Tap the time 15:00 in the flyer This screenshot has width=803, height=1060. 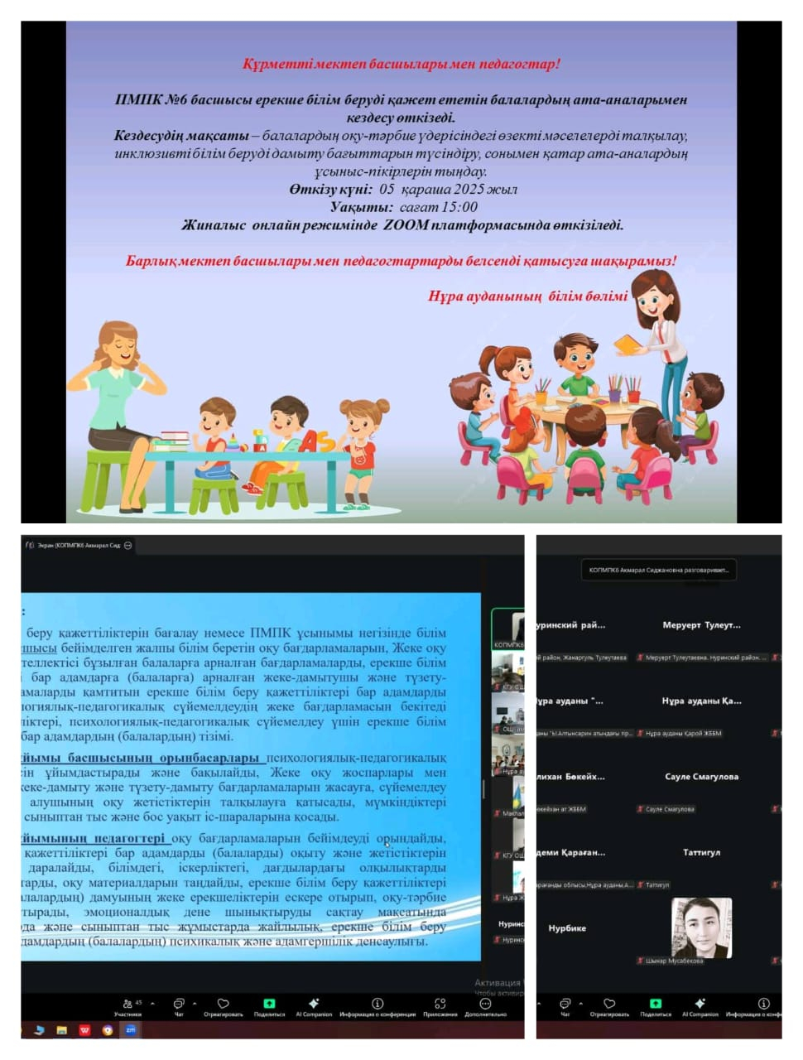(460, 207)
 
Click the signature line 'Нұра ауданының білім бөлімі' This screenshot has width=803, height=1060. (527, 296)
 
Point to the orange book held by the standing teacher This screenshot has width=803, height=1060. (631, 343)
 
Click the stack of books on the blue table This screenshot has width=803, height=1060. (174, 440)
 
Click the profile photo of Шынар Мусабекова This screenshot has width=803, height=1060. (701, 927)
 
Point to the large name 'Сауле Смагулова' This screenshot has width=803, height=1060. (701, 777)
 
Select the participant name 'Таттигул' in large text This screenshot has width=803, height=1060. (701, 852)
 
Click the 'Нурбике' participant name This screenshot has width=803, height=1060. (567, 928)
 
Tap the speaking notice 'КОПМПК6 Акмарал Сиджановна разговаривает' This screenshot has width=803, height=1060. (658, 570)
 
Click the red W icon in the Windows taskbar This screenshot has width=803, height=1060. (84, 1030)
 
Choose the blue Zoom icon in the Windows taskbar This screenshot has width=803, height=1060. (130, 1030)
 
